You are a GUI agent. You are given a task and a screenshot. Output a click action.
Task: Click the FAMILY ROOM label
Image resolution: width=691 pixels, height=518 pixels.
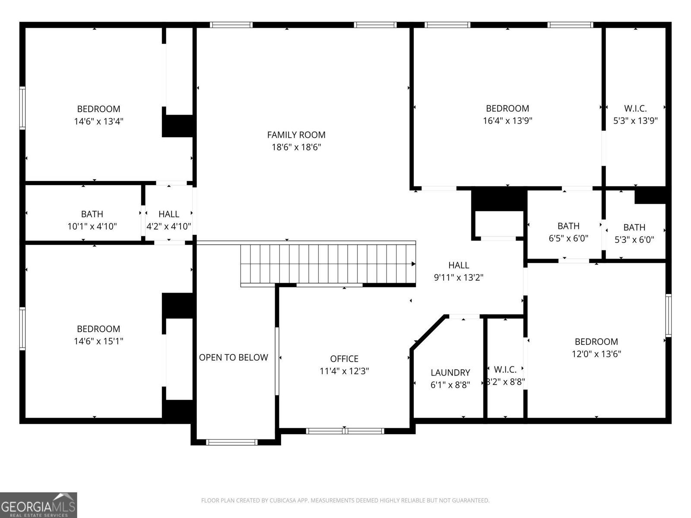(296, 135)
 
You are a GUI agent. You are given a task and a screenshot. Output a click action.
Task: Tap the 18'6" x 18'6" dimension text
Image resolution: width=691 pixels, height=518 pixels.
(296, 147)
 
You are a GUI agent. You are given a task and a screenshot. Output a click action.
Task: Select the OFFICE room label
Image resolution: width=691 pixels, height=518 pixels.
(344, 359)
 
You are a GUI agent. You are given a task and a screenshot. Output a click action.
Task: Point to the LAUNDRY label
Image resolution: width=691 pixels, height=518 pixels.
(450, 373)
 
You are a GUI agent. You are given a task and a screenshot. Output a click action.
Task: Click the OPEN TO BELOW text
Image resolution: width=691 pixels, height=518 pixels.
(233, 357)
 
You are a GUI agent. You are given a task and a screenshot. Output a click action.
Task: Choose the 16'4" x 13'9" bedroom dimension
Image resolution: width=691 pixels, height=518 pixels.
(507, 121)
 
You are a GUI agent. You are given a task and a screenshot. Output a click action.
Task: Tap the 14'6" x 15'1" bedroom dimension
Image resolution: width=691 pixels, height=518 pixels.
(98, 341)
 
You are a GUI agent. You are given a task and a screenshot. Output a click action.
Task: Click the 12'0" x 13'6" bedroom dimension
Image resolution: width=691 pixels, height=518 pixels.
(596, 354)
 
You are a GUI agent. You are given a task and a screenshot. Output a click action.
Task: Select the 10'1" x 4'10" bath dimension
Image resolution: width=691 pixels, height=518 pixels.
(92, 226)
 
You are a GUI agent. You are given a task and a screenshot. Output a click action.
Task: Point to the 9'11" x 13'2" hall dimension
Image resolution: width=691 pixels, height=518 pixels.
(458, 278)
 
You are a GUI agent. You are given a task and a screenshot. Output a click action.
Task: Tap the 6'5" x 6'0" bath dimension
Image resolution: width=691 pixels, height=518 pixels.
(568, 238)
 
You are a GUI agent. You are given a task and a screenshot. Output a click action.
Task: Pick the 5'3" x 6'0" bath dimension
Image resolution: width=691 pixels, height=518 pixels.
(634, 240)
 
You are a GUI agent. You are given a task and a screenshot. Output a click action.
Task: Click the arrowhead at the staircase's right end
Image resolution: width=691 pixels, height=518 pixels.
(413, 264)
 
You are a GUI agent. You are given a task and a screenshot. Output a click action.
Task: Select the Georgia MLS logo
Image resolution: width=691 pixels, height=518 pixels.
(38, 505)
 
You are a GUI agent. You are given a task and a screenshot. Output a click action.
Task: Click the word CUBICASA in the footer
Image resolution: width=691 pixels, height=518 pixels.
(280, 500)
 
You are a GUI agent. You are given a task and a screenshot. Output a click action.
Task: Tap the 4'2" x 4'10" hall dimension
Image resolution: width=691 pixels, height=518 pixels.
(169, 226)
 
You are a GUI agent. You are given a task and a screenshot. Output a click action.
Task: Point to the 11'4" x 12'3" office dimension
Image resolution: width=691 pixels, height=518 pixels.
(344, 371)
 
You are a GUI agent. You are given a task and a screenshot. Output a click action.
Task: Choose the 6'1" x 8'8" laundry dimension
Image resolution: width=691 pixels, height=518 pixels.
(450, 385)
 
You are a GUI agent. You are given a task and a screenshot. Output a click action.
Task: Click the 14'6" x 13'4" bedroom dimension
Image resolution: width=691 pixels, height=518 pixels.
(98, 121)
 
